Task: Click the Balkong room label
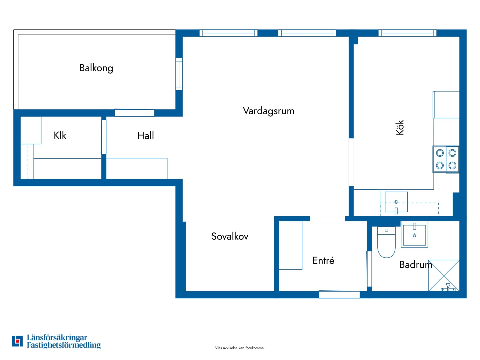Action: tap(96, 68)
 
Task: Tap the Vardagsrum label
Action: tap(268, 111)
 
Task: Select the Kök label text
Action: tap(400, 127)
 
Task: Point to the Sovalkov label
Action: tap(230, 236)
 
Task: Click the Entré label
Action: tap(323, 260)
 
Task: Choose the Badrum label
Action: tap(415, 265)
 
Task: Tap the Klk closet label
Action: tap(60, 135)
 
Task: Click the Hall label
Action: tap(145, 136)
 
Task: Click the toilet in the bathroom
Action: tap(386, 242)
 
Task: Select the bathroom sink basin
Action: tap(414, 235)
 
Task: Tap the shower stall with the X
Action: tap(443, 276)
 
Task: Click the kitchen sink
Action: tap(396, 202)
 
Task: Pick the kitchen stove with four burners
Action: tap(446, 159)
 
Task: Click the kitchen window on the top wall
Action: tap(407, 33)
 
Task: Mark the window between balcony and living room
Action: tap(179, 74)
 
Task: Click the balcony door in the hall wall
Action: tap(134, 113)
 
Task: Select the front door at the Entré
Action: tap(339, 294)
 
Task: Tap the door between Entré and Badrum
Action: tap(369, 269)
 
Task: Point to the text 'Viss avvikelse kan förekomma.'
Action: tap(240, 348)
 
